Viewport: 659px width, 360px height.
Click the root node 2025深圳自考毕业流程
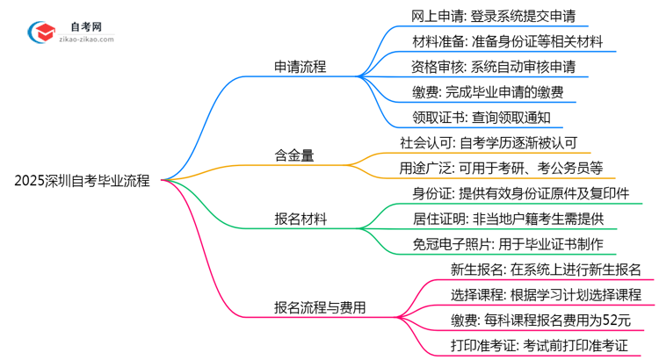tap(82, 182)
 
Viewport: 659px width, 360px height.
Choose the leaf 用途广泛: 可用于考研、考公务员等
tap(501, 168)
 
